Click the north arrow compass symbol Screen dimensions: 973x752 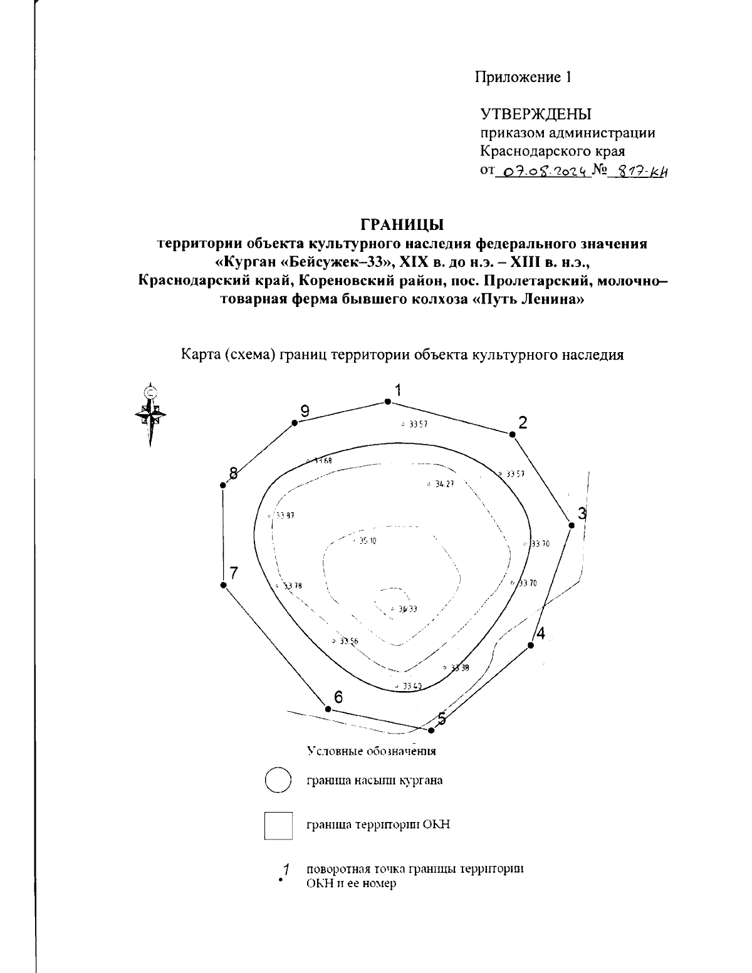click(150, 414)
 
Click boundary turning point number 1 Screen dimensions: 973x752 click(387, 402)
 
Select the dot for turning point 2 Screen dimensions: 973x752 click(512, 434)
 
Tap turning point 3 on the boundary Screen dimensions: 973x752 click(571, 524)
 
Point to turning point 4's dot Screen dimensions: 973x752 click(531, 645)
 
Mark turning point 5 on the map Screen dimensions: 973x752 click(431, 730)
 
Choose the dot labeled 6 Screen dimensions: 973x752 click(328, 709)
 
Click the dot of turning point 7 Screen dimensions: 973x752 click(223, 585)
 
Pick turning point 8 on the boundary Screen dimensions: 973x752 click(223, 486)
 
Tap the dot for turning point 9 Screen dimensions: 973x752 click(294, 424)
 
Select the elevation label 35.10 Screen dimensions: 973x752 click(367, 541)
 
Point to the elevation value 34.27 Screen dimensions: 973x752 click(444, 484)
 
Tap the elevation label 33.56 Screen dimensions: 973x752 click(348, 641)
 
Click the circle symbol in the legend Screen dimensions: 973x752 click(278, 781)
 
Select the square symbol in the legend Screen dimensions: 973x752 click(278, 825)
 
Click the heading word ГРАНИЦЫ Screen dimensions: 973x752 click(402, 224)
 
